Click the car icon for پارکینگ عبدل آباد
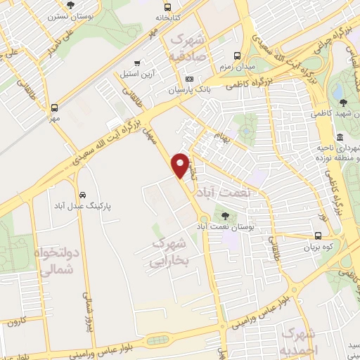pos(82,194)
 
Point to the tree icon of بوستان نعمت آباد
pos(225,217)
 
